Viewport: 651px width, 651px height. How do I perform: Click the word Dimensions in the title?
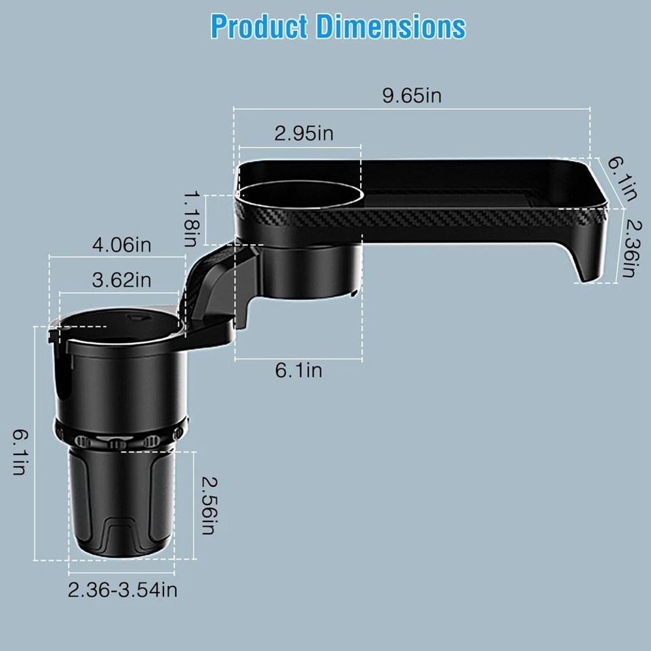[391, 27]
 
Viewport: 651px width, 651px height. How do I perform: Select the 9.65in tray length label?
[411, 96]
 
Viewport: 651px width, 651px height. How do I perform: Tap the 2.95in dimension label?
[303, 133]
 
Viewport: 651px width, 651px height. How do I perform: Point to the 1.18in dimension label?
[190, 218]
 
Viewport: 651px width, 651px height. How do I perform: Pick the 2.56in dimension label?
[207, 506]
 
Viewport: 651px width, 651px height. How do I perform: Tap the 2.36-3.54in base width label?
[123, 590]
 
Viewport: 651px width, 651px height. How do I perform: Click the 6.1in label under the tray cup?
[298, 370]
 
